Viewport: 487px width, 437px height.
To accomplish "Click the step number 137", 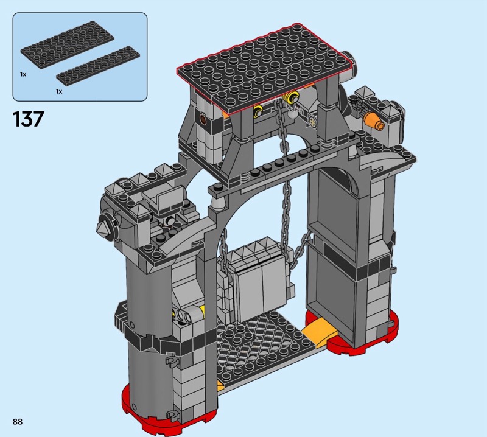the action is [x=28, y=119].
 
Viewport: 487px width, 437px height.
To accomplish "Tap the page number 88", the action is [x=18, y=421].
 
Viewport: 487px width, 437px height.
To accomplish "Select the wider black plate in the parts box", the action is [x=68, y=43].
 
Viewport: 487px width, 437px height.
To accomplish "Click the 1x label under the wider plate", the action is [x=23, y=74].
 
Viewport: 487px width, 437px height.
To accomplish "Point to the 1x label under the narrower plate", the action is [x=59, y=91].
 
